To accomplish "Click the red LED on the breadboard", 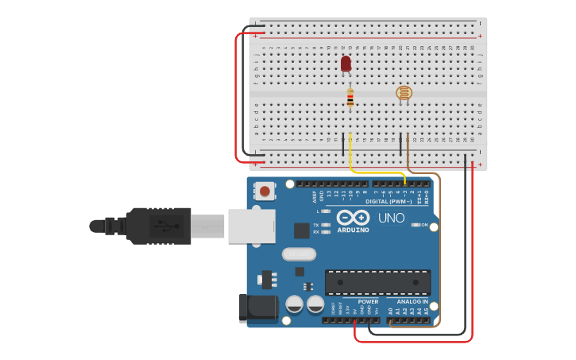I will pos(346,64).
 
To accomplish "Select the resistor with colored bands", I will pos(350,98).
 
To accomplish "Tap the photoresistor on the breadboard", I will pos(404,93).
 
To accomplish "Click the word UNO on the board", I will pos(391,218).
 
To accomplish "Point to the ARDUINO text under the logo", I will pos(353,230).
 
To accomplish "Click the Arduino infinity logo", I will pos(353,218).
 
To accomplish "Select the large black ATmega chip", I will pos(377,282).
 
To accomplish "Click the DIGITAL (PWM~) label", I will pos(389,201).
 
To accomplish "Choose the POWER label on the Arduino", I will pos(368,301).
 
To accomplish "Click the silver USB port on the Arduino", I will pos(251,226).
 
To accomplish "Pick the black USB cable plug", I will pos(159,226).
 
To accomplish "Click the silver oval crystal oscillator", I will pos(299,254).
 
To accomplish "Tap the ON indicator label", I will pos(424,225).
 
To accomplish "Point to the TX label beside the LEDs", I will pos(315,225).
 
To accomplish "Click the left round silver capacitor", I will pos(294,304).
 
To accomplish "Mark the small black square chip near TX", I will pos(301,230).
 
